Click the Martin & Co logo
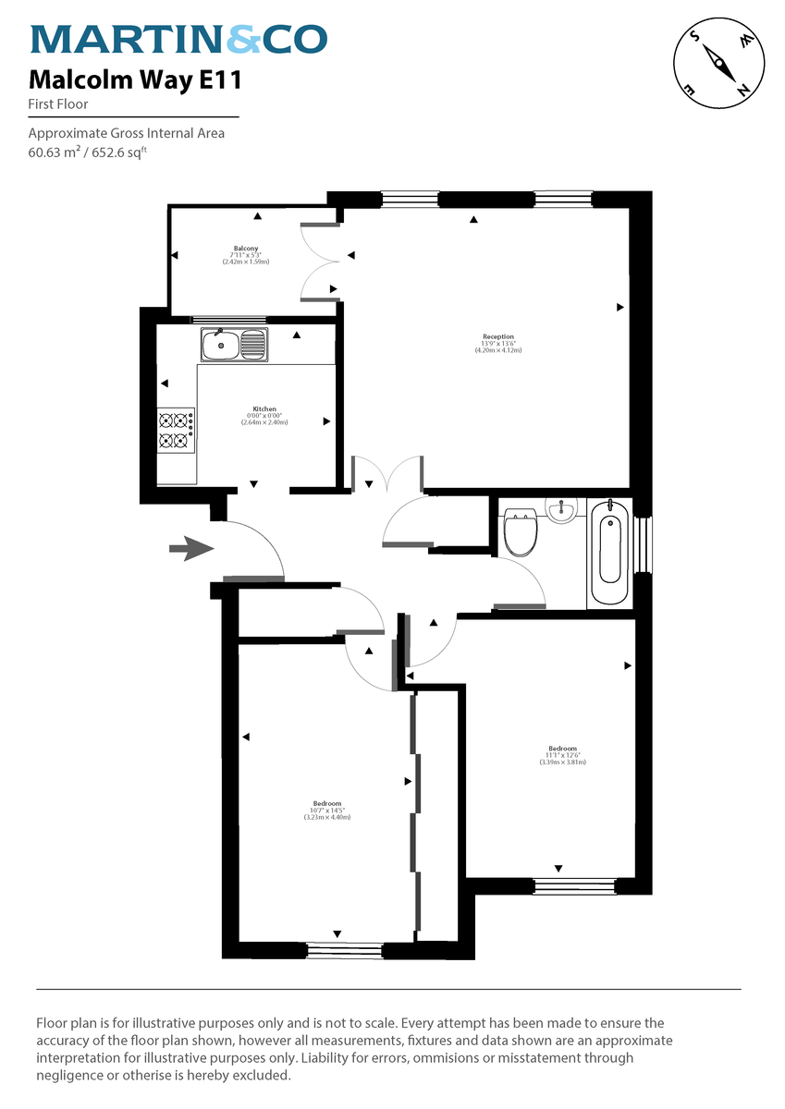[178, 40]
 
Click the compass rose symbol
[718, 62]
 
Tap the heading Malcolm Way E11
[135, 81]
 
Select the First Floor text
[58, 104]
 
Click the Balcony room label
[245, 249]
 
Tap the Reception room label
[498, 336]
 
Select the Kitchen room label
[264, 409]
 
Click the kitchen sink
[234, 346]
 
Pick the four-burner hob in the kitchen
[176, 431]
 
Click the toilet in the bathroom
[521, 530]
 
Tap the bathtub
[608, 552]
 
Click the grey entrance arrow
[190, 549]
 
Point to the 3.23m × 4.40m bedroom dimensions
[327, 818]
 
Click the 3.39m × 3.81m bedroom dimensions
[563, 762]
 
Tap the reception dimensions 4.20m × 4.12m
[498, 351]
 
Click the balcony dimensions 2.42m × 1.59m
[245, 262]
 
